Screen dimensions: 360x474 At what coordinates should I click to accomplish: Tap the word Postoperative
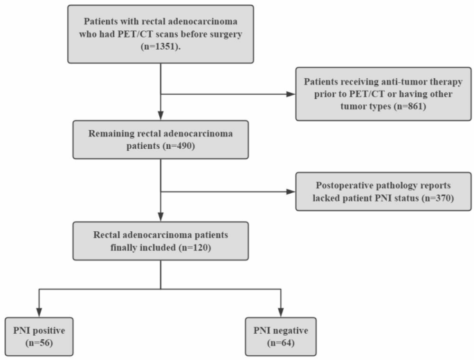click(x=346, y=186)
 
